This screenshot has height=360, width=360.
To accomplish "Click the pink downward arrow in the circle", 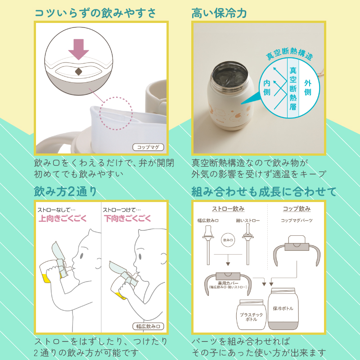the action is [78, 49].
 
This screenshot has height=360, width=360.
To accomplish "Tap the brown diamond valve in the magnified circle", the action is [78, 72].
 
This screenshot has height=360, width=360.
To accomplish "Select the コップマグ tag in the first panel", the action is [148, 147].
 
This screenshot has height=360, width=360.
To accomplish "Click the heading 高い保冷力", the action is [219, 13].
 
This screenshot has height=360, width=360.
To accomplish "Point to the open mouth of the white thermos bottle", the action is [230, 75].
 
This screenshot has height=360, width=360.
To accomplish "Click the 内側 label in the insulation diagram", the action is [266, 87].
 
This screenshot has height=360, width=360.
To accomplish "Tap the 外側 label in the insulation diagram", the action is [308, 87].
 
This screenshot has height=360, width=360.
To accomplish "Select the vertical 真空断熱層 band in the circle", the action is [293, 88].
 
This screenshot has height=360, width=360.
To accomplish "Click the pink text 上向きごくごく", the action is [63, 218].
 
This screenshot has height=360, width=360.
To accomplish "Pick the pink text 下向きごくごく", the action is [127, 218].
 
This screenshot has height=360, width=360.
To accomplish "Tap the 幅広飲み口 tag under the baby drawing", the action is [148, 326].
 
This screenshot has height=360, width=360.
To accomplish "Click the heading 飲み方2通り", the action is [65, 192].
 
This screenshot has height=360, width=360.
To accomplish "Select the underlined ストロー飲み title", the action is [228, 209].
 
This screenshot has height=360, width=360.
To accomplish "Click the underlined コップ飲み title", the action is [297, 209].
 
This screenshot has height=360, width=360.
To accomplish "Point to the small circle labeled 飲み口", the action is [228, 240].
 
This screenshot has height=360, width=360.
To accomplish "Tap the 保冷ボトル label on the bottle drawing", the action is [283, 308].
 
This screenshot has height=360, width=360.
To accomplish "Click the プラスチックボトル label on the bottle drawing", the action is [251, 317].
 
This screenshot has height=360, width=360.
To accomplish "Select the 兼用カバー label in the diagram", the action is [228, 283].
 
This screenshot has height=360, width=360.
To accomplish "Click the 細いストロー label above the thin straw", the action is [248, 220].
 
